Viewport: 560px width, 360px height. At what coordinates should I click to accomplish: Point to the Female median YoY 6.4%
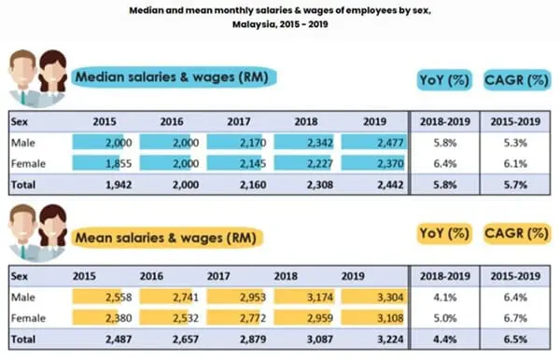tap(444, 163)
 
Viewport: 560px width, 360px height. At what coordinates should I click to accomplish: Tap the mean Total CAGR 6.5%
tap(514, 339)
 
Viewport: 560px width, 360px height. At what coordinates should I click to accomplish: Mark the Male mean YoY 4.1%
tap(444, 298)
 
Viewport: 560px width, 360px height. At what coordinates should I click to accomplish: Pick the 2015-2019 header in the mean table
tap(514, 277)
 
